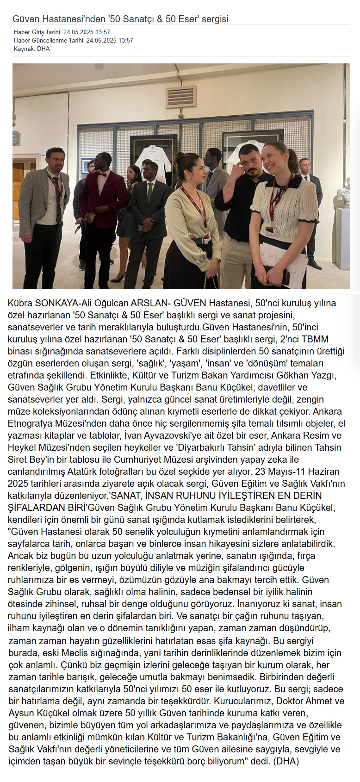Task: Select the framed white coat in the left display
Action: tap(153, 161)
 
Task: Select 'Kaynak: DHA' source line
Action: tap(31, 49)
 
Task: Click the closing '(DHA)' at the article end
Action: tap(286, 761)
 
